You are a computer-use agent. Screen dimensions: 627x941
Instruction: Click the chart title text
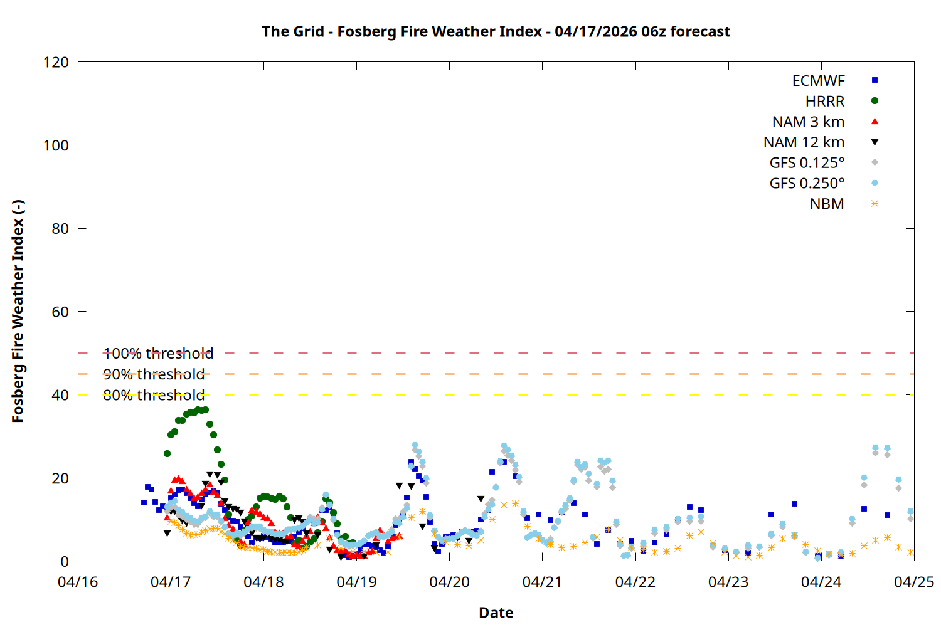coord(496,31)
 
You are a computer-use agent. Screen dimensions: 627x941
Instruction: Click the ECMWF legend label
coord(818,81)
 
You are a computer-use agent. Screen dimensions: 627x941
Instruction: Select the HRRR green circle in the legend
coord(875,101)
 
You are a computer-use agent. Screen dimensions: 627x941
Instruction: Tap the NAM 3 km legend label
coord(808,122)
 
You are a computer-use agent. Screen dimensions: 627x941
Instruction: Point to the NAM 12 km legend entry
coord(804,142)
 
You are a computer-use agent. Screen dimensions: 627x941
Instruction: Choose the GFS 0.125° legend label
coord(807,163)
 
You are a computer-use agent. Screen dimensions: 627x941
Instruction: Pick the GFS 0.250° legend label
coord(807,184)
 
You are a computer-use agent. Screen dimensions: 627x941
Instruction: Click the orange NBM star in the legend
coord(875,204)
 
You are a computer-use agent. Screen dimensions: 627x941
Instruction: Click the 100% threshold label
coord(158,354)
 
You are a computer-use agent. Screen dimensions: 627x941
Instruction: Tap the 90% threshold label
coord(154,374)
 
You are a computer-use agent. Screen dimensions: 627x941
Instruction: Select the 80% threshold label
coord(154,395)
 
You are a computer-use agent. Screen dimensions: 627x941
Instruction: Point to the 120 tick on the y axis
coord(56,62)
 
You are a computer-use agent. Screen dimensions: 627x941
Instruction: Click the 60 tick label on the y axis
coord(60,312)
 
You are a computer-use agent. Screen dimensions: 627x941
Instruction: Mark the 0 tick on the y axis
coord(65,561)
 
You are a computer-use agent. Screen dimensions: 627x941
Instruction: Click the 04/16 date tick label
coord(78,582)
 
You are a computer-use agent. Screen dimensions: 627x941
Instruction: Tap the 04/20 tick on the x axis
coord(449,582)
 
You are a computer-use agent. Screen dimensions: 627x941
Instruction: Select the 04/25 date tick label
coord(913,582)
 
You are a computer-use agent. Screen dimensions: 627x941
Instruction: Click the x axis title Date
coord(496,613)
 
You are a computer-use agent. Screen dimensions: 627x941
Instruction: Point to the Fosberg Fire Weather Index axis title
coord(18,312)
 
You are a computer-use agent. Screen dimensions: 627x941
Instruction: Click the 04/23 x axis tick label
coord(728,582)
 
